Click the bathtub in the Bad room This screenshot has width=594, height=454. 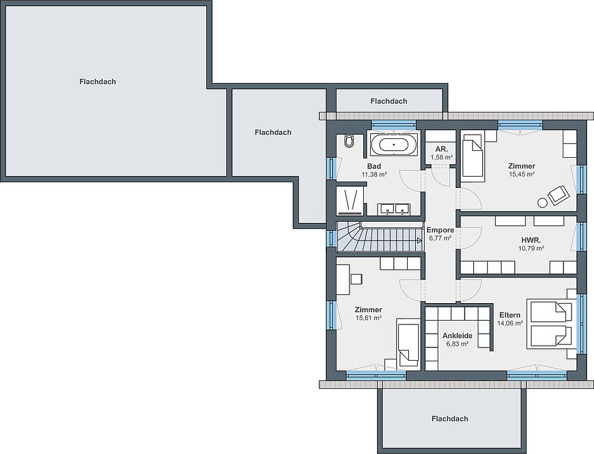tap(394, 145)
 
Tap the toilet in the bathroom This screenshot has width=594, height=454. tap(349, 141)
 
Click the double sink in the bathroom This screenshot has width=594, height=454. tap(393, 209)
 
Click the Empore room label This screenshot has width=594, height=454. tap(440, 230)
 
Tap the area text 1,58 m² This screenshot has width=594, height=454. tap(441, 157)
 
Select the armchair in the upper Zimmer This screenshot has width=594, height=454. tap(559, 195)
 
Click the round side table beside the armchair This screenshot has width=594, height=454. tap(542, 203)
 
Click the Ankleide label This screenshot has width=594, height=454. tap(457, 336)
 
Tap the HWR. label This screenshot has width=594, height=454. tap(531, 240)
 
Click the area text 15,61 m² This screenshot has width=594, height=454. tap(368, 318)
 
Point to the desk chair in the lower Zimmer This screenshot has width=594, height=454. tap(356, 279)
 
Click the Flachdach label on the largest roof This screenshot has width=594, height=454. tap(98, 81)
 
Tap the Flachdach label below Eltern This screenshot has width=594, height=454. tap(450, 419)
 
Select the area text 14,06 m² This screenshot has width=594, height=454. tap(510, 324)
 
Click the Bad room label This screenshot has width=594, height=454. tap(374, 166)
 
